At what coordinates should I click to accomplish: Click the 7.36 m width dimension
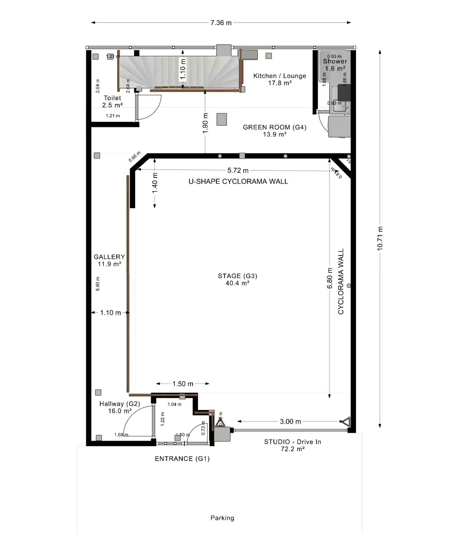pos(221,23)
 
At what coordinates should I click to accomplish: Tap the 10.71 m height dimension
pos(380,238)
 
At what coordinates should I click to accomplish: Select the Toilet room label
pos(112,101)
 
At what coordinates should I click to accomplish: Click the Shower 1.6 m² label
pos(335,65)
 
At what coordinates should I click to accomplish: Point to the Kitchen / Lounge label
pos(280,79)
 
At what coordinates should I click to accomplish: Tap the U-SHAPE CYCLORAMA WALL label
pos(238,182)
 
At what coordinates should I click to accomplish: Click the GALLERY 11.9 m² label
pos(109,260)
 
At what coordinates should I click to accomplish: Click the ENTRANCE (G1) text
pos(182,459)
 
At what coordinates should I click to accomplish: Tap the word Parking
pos(222,518)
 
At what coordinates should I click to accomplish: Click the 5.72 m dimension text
pos(238,170)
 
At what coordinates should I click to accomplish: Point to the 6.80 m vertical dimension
pos(330,278)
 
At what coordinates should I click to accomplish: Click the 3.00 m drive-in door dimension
pos(290,422)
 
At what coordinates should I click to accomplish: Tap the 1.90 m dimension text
pos(205,123)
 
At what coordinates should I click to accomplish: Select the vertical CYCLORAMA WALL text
pos(341,281)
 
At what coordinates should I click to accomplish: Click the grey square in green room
pos(221,119)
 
